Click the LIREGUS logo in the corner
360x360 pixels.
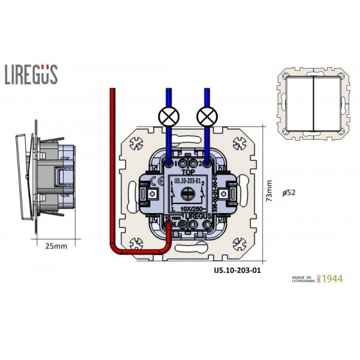[x=31, y=74]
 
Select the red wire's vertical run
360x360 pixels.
[x=111, y=168]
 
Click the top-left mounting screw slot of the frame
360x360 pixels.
[x=136, y=144]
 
